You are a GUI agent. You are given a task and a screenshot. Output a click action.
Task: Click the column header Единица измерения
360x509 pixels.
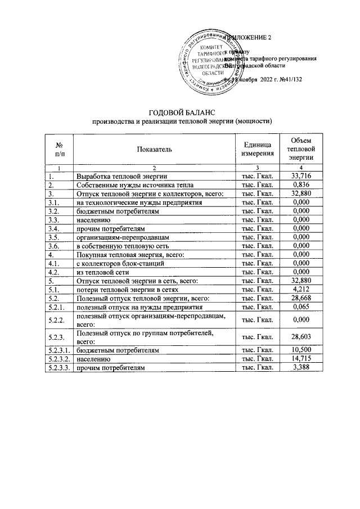257,148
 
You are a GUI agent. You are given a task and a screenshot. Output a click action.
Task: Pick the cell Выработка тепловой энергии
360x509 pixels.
121,177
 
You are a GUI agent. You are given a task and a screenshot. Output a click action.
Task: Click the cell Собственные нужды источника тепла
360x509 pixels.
135,185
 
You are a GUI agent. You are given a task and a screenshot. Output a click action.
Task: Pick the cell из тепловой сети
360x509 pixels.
101,271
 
